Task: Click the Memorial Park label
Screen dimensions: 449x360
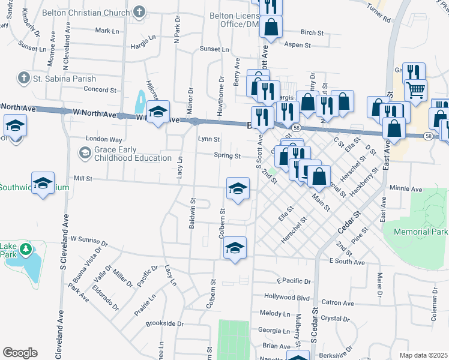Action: [420, 231]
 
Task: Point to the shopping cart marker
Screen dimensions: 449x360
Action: [415, 91]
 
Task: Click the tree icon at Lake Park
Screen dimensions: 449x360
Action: [25, 249]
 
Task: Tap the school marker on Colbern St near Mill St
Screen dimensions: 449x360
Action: [238, 189]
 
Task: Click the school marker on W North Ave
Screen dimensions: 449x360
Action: [157, 112]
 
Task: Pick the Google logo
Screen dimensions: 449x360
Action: [20, 353]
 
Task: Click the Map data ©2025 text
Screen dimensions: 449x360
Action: [423, 355]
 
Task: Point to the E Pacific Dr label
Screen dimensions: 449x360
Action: [294, 281]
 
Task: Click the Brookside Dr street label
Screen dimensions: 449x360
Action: [164, 323]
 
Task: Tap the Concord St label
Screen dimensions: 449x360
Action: [100, 89]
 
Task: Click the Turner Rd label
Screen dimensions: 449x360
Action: [378, 16]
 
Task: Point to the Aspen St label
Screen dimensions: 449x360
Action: [297, 45]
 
